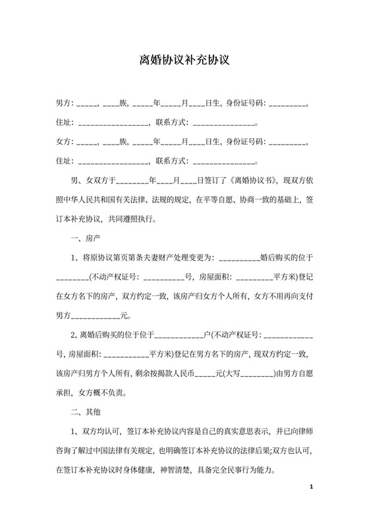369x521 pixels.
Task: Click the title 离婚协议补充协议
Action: [184, 61]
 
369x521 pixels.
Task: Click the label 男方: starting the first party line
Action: [65, 103]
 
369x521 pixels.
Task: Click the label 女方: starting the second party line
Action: [65, 141]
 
